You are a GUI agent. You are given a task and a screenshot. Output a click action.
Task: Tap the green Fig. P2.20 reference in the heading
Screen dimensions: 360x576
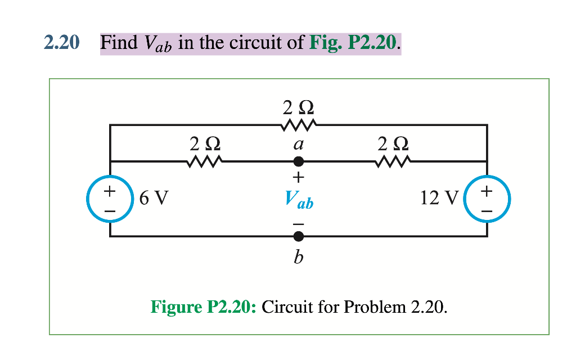[354, 43]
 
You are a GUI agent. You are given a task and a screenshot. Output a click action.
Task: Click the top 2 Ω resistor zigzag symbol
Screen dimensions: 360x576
[298, 124]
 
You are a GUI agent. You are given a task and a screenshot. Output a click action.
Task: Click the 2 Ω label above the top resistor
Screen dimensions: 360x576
[298, 106]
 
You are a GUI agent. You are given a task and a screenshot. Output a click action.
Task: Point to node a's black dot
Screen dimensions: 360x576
[299, 161]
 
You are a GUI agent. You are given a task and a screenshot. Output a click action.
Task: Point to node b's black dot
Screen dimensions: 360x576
[299, 236]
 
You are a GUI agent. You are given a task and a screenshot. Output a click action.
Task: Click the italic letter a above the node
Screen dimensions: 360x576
[299, 144]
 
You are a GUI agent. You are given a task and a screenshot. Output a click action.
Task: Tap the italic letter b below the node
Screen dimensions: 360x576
[299, 257]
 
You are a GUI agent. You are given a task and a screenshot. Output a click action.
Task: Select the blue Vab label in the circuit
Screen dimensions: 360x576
[299, 199]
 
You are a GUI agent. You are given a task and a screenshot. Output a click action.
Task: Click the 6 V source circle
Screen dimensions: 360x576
[110, 200]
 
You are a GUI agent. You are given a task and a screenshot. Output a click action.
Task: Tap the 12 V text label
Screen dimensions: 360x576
[439, 199]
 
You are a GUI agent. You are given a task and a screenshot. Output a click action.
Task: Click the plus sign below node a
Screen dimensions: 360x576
[299, 178]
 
